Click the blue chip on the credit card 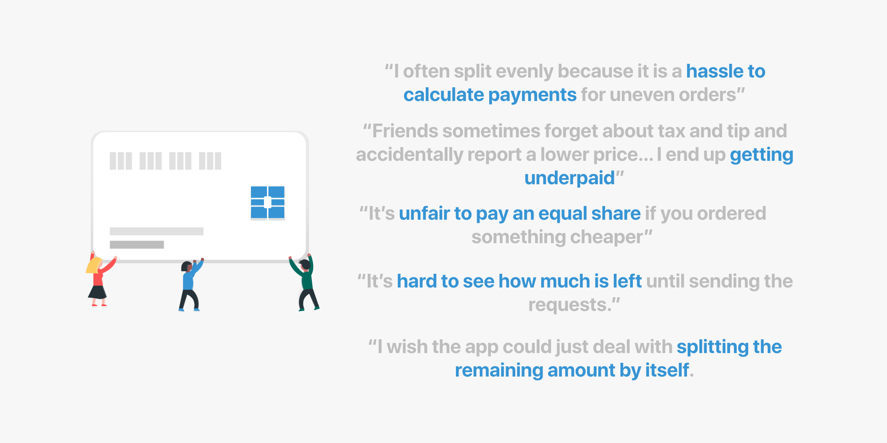point(267,202)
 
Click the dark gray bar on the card point(137,245)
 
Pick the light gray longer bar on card point(157,231)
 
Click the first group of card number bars point(121,161)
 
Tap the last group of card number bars point(210,161)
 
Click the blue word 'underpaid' point(569,179)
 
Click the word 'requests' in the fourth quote point(567,305)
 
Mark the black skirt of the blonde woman point(97,292)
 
